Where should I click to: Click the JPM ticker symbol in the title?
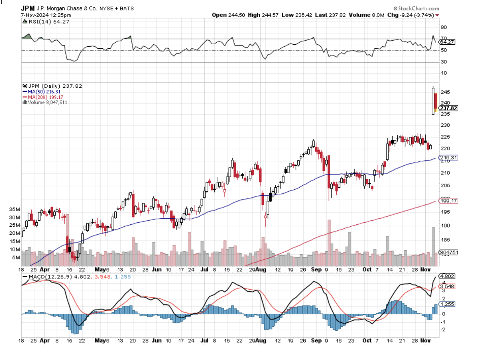pos(28,8)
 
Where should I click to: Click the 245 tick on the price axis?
pos(444,92)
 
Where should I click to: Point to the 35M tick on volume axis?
pos(15,209)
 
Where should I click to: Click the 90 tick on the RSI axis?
pos(444,27)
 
